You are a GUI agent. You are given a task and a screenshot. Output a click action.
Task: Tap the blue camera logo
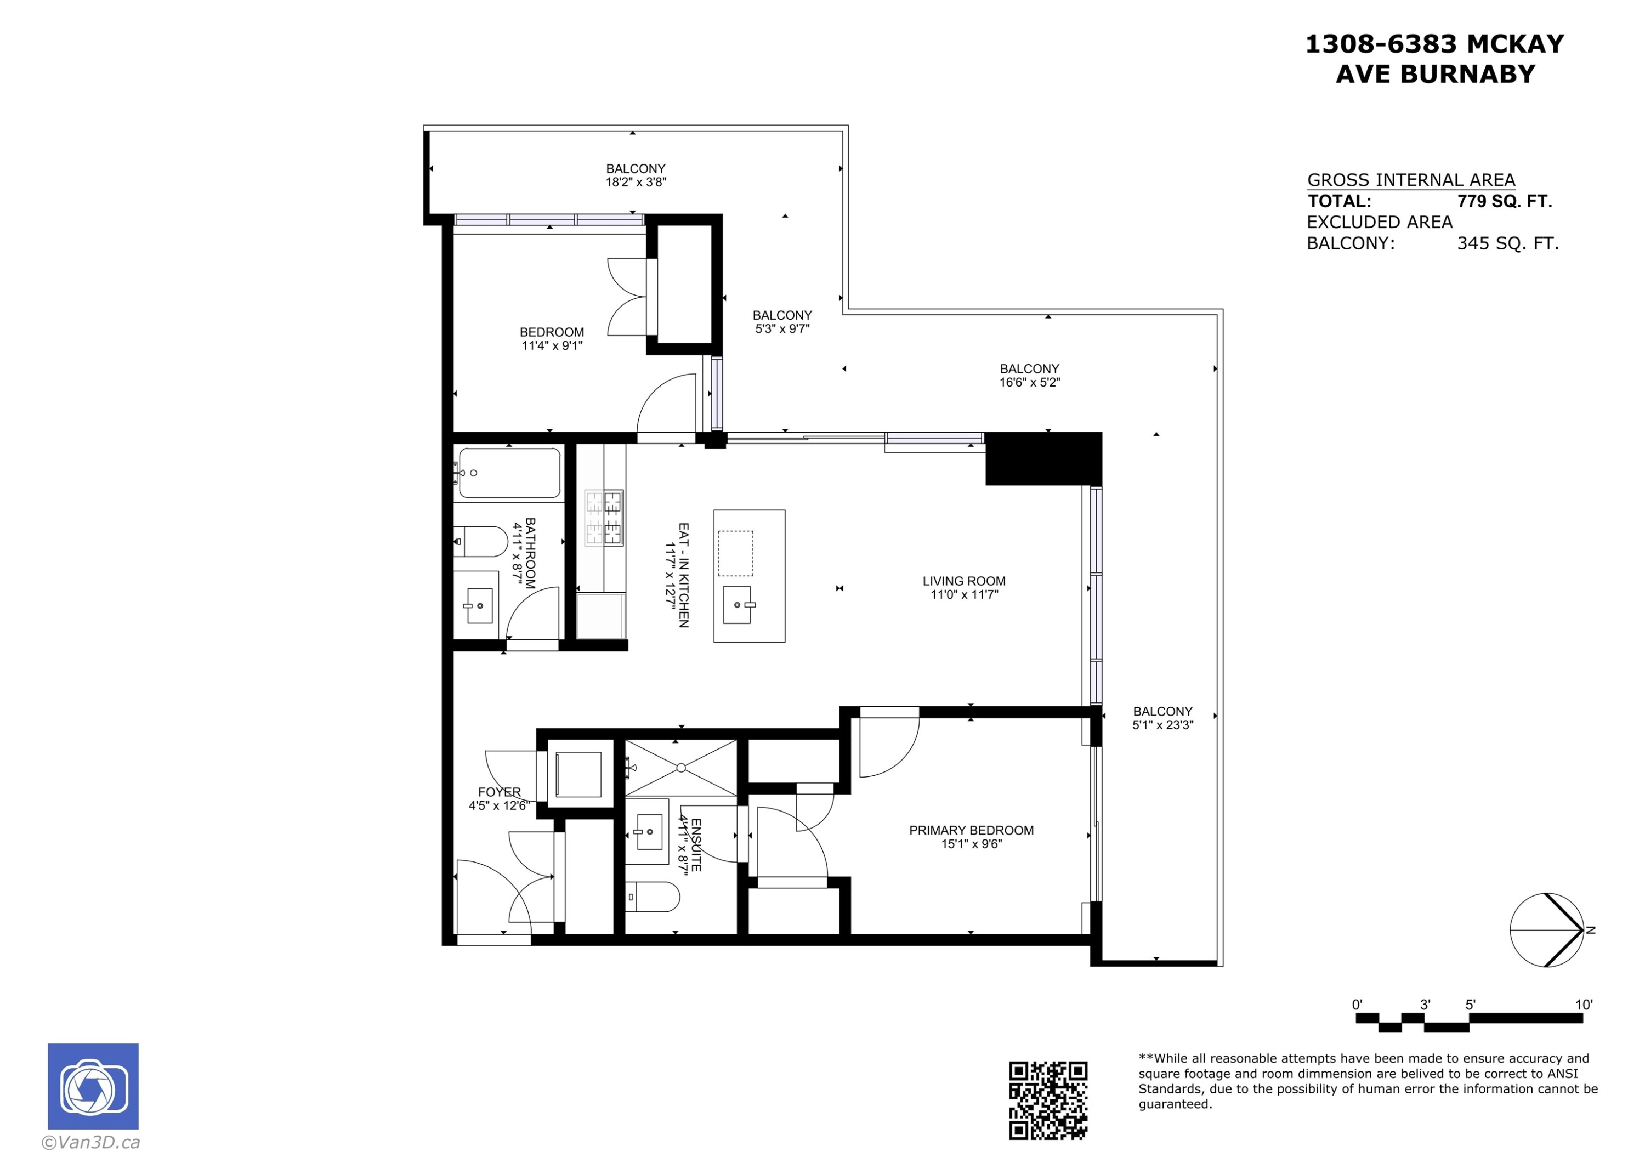click(93, 1086)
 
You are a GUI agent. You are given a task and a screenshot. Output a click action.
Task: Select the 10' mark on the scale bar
click(1584, 1005)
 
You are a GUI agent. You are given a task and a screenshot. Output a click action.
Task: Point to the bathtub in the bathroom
click(509, 473)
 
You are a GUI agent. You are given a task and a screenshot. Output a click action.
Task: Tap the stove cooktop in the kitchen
click(604, 518)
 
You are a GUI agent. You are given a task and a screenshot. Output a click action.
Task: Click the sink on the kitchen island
click(738, 604)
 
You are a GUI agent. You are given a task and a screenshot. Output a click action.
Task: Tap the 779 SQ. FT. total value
click(1504, 201)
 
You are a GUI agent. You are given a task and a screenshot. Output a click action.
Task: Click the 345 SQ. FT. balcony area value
click(1507, 243)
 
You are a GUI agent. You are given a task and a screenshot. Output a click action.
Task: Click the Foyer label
click(500, 792)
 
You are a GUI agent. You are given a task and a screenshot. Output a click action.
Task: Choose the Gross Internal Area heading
click(1411, 180)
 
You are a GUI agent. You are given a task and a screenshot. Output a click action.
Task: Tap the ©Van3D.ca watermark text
click(91, 1142)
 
